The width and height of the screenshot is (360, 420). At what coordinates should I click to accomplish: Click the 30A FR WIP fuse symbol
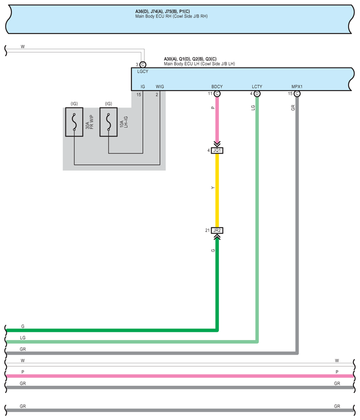coord(74,122)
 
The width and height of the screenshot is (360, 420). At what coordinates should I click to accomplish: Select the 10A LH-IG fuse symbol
coord(108,122)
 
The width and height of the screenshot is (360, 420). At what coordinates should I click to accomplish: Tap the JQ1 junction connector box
coord(217,150)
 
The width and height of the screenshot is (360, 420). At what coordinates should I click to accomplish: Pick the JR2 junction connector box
coord(217,230)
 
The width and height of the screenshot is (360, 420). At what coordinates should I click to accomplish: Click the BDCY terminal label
coord(217,87)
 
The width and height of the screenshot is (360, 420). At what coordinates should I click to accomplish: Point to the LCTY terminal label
coord(257,87)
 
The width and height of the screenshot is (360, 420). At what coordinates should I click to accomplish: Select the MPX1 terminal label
coord(297,87)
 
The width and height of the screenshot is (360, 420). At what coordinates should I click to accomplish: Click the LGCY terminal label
coord(143,71)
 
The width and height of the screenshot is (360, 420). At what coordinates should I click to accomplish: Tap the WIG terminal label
coord(160,87)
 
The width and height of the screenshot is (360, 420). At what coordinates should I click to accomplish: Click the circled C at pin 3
coord(143,65)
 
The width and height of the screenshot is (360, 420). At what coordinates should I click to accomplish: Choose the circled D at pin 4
coord(257,94)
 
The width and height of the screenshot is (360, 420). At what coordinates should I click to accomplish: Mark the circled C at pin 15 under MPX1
coord(297,94)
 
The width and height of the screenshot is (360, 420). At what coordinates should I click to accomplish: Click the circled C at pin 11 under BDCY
coord(217,94)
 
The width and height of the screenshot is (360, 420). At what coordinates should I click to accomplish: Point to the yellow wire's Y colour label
coord(213,188)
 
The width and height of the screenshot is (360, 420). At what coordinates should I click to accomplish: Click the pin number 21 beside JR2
coord(207,230)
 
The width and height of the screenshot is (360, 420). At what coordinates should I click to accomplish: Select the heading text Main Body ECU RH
coord(171,16)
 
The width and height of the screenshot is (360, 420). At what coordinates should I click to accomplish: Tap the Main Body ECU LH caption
coord(199,64)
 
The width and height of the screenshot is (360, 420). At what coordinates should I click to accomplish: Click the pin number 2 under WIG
coord(157,94)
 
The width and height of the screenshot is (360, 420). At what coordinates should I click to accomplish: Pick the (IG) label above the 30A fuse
coord(74,104)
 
